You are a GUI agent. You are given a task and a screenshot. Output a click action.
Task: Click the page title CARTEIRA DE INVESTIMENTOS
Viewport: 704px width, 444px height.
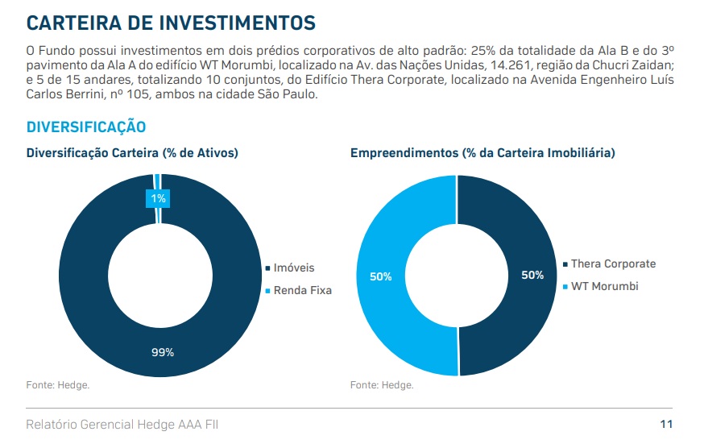[x=171, y=22]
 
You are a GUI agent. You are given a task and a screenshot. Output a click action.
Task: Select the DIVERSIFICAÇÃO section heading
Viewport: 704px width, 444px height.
[x=86, y=127]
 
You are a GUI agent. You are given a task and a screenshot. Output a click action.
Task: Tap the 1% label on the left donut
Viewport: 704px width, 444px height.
[x=158, y=198]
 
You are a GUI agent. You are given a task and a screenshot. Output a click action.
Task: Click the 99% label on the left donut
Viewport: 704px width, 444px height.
[x=162, y=351]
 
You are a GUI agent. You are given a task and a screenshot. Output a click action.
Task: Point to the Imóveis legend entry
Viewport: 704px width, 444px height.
[x=293, y=268]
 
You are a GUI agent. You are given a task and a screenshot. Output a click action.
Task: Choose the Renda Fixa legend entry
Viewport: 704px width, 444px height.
[x=302, y=290]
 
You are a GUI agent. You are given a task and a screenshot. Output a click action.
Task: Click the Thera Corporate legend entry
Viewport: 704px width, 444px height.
[x=613, y=263]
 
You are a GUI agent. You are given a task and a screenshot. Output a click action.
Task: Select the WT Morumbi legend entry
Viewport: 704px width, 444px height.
[x=604, y=286]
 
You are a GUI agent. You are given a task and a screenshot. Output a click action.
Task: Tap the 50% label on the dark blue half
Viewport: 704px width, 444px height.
[x=532, y=275]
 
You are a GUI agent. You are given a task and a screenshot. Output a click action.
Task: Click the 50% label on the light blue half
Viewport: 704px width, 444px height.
[x=381, y=276]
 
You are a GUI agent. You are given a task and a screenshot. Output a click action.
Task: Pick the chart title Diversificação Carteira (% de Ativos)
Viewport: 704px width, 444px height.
[x=132, y=152]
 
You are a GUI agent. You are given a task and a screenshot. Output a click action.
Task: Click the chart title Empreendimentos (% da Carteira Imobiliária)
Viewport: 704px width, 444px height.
[x=482, y=152]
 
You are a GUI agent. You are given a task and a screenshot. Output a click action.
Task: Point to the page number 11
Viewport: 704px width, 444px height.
[x=666, y=424]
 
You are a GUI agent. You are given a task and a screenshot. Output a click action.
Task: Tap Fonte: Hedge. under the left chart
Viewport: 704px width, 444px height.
[x=58, y=385]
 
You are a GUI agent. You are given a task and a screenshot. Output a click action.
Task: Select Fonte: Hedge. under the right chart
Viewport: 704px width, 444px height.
[x=382, y=385]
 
